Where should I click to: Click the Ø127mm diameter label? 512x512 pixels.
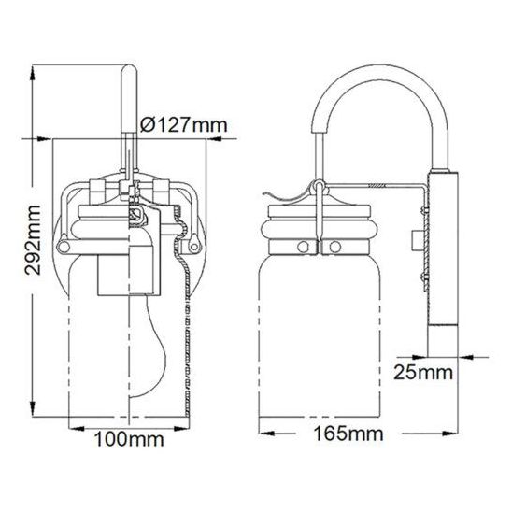tap(183, 125)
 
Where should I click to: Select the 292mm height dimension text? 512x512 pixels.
tap(34, 240)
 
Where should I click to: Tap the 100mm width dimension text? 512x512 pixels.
tap(129, 439)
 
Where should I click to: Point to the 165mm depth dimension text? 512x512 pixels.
tap(348, 434)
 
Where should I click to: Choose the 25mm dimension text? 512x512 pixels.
tap(423, 372)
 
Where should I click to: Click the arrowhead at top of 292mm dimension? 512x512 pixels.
tap(33, 72)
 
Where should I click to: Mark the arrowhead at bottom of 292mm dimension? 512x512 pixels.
tap(33, 409)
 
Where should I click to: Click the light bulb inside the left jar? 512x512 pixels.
tap(149, 345)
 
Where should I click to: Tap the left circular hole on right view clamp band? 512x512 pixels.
tap(303, 247)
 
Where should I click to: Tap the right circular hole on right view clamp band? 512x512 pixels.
tap(335, 247)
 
